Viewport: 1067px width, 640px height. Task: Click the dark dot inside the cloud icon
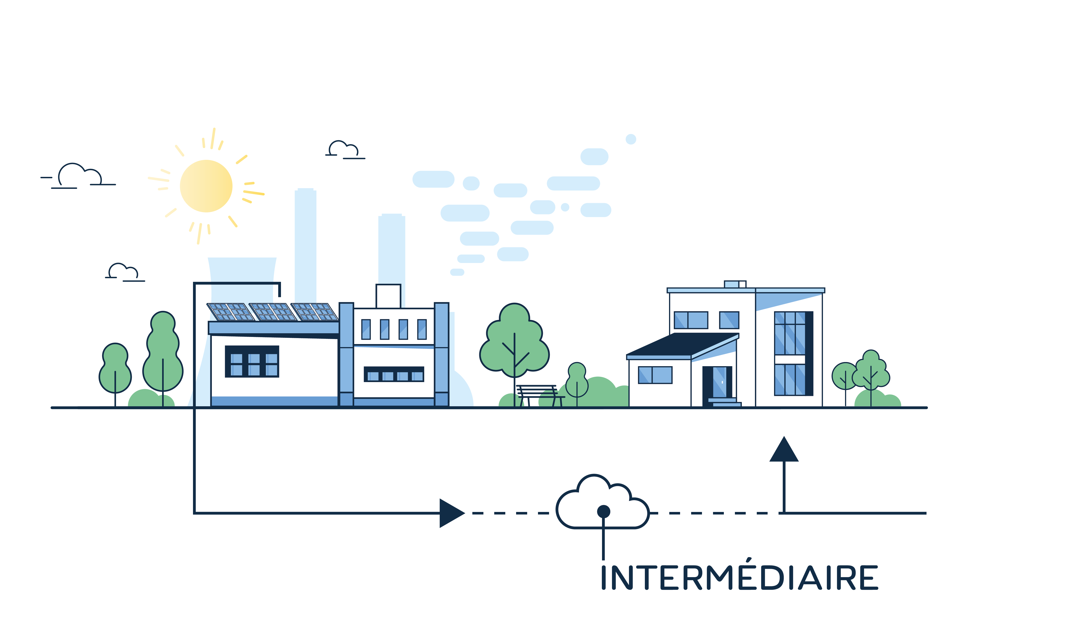[603, 511]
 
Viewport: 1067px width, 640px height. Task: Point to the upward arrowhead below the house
[784, 449]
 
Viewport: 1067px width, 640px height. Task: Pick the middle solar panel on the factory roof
[273, 312]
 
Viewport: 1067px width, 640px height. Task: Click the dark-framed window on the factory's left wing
[252, 361]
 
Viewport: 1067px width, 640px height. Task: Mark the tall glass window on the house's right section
[794, 353]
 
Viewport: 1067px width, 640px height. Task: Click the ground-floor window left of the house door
[655, 375]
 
